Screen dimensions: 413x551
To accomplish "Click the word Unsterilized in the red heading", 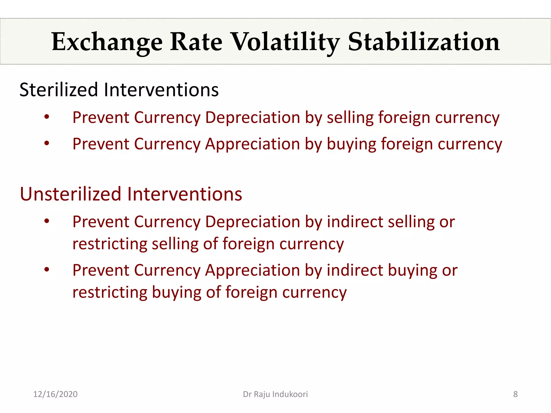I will tap(70, 194).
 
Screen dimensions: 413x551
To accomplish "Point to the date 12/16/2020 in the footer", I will tap(55, 394).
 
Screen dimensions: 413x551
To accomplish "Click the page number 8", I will tap(515, 394).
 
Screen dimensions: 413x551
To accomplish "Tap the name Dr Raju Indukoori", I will tap(275, 394).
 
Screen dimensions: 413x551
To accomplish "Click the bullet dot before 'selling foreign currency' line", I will tap(47, 117).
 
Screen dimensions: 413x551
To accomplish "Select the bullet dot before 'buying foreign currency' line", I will tap(47, 143).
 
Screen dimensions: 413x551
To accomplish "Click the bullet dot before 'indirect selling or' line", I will tap(47, 221).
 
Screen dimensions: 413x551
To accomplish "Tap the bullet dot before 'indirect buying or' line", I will tap(47, 269).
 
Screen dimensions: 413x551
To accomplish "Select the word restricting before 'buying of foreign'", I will tap(110, 292).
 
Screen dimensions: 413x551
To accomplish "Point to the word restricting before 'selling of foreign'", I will tap(110, 244).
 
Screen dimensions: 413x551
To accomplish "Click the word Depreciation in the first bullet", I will tap(252, 118).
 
